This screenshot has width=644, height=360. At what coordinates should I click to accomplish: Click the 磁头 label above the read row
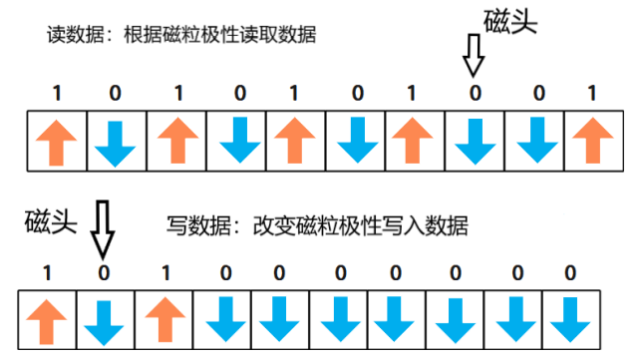510,23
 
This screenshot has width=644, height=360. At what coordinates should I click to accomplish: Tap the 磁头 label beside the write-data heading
51,222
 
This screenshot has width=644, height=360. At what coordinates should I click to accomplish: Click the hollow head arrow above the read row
474,63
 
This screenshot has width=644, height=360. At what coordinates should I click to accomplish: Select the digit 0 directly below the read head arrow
474,94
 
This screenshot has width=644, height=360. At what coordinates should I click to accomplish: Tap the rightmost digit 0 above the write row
570,272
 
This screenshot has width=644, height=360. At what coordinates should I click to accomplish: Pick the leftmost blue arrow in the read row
116,141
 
